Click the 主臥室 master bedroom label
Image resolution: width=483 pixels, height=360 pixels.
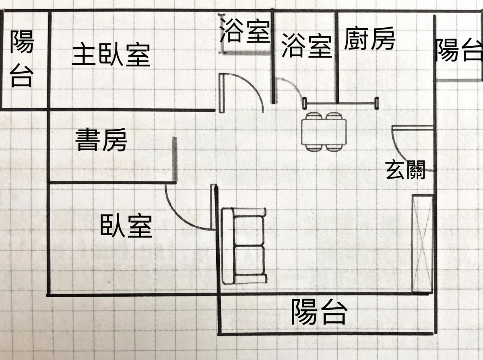pos(111,55)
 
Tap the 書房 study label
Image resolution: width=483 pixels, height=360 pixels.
pos(101,140)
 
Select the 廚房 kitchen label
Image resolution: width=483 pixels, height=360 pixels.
pos(369,39)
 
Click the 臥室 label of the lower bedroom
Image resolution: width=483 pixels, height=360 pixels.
pos(126,226)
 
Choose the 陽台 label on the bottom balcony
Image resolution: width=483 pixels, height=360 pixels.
pos(319,312)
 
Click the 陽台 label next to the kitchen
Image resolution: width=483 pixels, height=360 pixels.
pos(459,49)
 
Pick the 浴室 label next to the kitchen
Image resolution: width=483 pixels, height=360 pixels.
pos(307,45)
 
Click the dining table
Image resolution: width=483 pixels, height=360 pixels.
pos(324,132)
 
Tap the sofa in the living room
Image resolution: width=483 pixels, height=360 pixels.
pos(244,246)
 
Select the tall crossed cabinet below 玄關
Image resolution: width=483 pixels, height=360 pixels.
pos(422,243)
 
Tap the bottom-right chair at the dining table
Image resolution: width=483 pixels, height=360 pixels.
pos(334,148)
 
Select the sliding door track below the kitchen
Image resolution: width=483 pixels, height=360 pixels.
pos(341,103)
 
